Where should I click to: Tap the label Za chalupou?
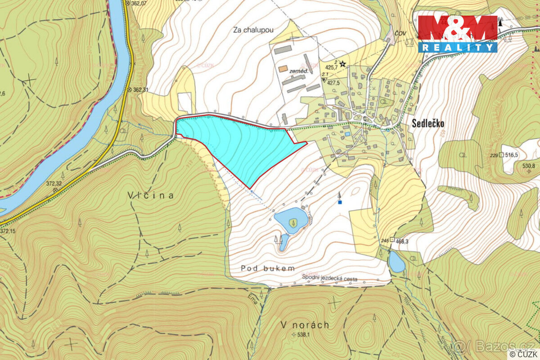[253, 30]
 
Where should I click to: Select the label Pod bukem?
[268, 268]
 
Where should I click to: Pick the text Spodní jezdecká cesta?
[329, 279]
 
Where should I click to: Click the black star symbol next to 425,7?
[343, 64]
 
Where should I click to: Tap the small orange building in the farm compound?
[283, 69]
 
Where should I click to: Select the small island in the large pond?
[293, 222]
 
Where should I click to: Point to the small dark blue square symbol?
[340, 202]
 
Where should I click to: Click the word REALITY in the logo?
[457, 47]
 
